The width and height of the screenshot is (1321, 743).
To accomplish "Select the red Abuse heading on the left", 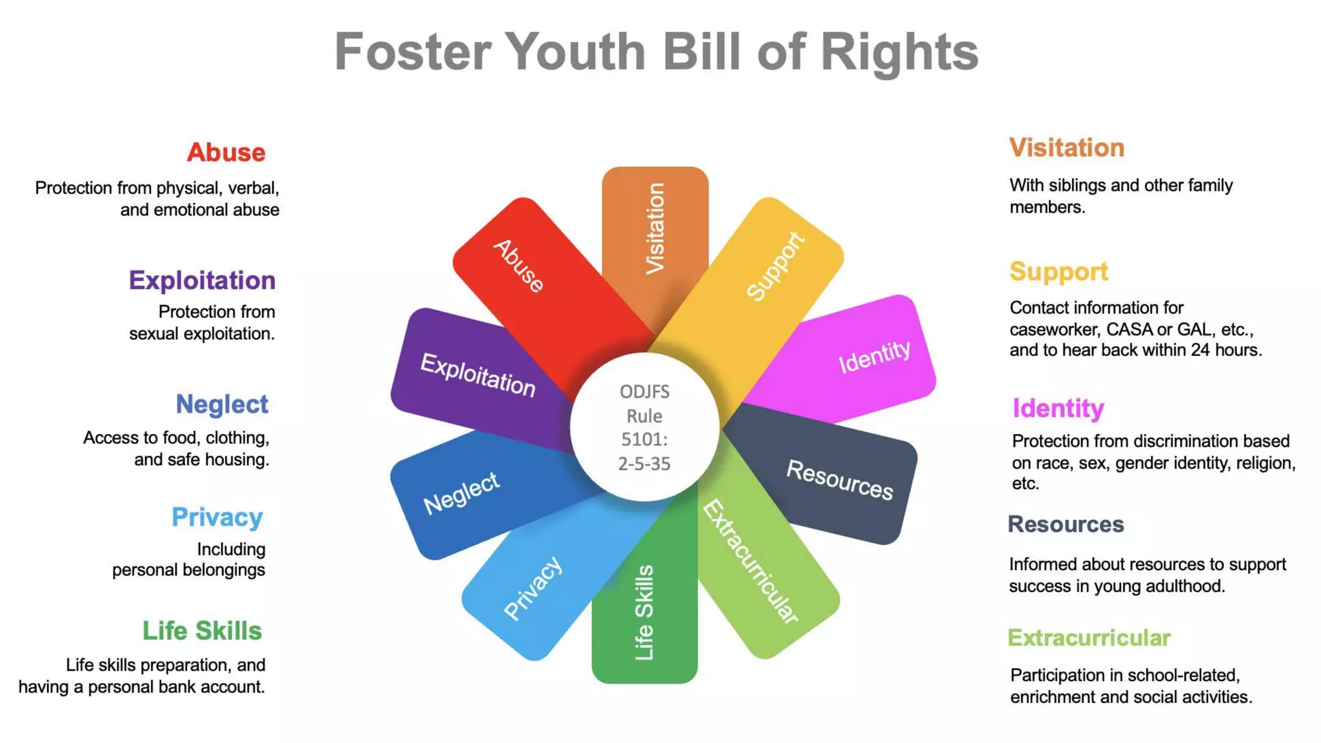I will coord(226,153).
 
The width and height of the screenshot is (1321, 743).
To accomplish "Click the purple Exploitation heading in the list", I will coord(202,281).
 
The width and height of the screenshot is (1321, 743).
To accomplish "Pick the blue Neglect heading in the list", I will coord(222,404).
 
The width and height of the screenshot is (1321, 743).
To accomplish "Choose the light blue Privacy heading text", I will coord(217,517).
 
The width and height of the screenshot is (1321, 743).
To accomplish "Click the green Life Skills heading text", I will coord(202,631).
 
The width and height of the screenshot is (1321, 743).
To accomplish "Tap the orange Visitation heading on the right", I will coord(1067,148).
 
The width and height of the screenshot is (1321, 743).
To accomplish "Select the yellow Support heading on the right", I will coord(1058,272).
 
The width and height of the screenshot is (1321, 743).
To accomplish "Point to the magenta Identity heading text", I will coord(1058,408).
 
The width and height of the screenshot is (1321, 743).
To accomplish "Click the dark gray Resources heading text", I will coord(1066,524).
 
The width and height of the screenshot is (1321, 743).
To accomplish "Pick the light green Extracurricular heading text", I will coord(1089,638).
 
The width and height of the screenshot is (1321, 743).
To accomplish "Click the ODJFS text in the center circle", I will coord(644,391).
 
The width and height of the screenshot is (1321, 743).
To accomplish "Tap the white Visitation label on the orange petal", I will coord(655,228).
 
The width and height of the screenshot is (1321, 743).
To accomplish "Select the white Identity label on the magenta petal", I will coord(875,355).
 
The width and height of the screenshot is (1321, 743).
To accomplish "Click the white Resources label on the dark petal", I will coord(839,480).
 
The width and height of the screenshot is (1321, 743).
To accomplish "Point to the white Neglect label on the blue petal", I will coord(461,493).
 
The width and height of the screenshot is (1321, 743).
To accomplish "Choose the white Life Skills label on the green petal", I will coord(644,613).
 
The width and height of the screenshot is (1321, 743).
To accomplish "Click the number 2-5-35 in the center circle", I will coord(644,464).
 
